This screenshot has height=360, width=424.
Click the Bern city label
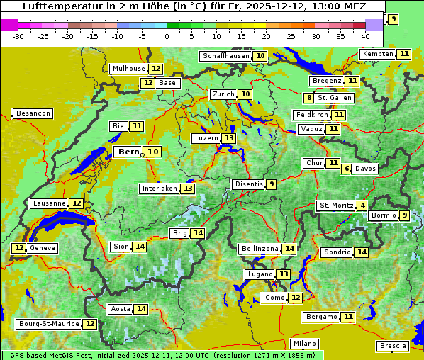coord(129,152)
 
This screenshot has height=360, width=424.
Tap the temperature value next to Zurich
coord(245,94)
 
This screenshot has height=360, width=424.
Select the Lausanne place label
coord(49,203)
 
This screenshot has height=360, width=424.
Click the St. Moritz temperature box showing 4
coord(363,206)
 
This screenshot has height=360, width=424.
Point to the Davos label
coord(366,169)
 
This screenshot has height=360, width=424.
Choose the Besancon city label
coord(33,113)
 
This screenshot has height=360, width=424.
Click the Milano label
coord(305,343)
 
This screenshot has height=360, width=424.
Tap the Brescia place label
coord(393,346)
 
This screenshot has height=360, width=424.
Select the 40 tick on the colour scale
coord(365,36)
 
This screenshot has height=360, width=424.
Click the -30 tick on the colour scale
coord(18,36)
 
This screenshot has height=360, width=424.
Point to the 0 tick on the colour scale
coord(167,36)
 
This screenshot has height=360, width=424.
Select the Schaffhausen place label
coord(225,56)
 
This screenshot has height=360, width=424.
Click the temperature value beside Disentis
coord(271,184)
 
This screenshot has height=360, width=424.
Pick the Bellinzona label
coord(260,249)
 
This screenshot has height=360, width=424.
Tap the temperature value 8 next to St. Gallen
coord(309,98)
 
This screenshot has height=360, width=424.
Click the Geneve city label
coord(43,248)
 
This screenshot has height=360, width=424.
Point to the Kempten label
coord(378,54)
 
